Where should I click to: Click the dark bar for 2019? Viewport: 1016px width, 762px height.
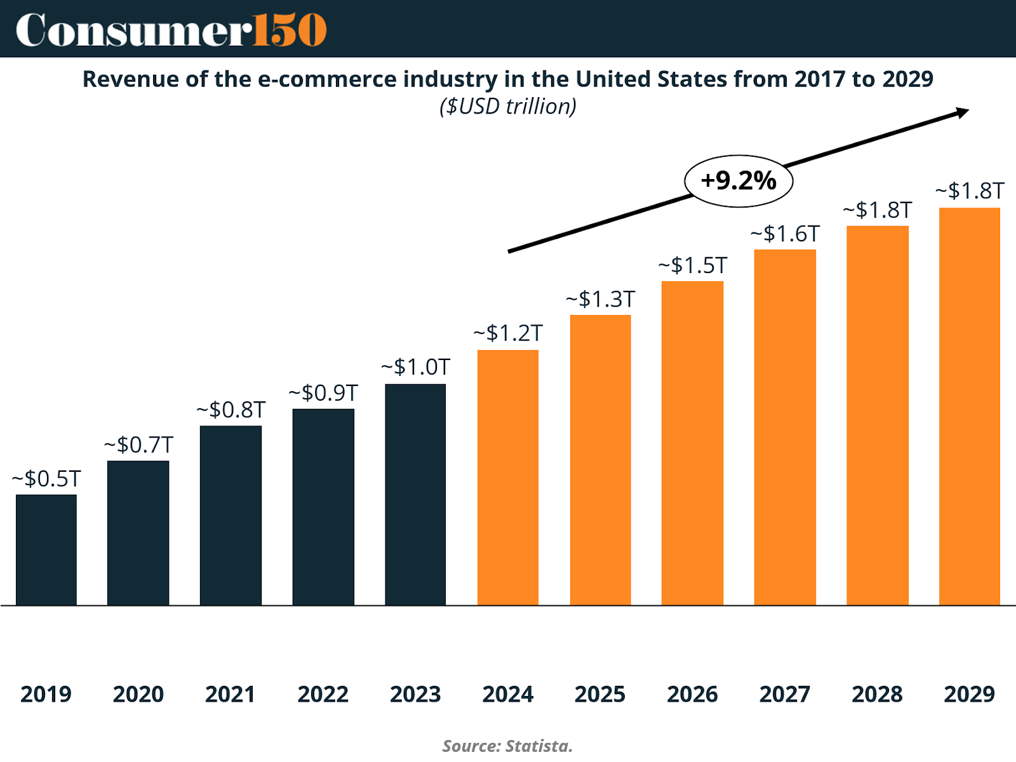[x=46, y=550]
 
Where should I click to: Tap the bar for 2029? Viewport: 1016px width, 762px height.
[x=970, y=406]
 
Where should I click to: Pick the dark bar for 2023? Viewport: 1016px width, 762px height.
[x=415, y=495]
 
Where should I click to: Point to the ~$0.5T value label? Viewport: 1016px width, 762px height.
[x=46, y=479]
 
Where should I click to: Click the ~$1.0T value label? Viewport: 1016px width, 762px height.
[x=415, y=367]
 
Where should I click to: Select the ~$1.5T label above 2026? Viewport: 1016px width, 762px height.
[x=692, y=265]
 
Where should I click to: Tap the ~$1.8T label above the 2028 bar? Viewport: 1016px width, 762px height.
[x=877, y=210]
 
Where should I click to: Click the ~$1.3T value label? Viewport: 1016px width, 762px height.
[x=600, y=299]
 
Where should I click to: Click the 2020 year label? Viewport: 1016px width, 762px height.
[x=138, y=694]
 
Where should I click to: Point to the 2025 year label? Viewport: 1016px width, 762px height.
[x=600, y=694]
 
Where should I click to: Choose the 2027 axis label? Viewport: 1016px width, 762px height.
[x=785, y=694]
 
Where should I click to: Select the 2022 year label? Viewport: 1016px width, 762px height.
[x=323, y=694]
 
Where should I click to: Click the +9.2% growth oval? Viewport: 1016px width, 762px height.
[x=739, y=181]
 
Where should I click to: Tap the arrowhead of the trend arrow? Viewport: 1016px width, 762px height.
[x=963, y=113]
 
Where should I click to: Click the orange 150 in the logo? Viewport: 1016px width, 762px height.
[x=290, y=30]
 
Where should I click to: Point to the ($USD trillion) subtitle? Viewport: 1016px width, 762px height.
[x=508, y=107]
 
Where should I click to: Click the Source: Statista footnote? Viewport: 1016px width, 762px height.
[x=508, y=745]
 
